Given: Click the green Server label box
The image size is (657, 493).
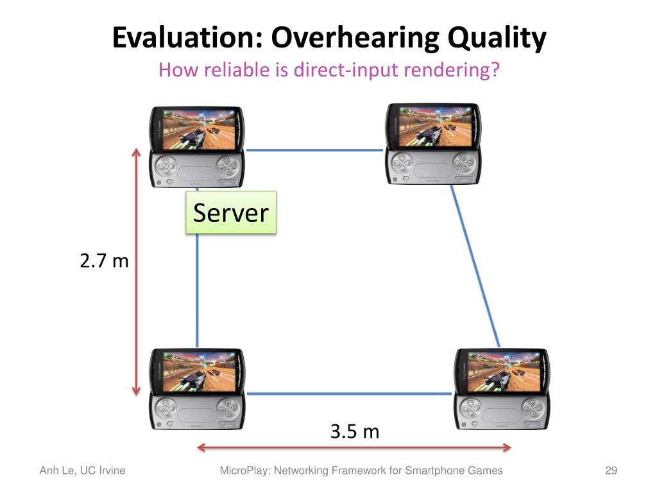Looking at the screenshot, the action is point(231,212).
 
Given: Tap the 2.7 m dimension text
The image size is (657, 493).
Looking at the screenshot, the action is point(104,261).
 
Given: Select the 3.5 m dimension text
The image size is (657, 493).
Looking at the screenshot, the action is point(355,431).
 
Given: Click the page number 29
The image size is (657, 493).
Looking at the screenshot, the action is point(611,471).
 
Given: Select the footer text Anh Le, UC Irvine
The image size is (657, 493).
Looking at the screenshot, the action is point(82,471).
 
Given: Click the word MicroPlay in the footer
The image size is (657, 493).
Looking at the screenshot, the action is point(246,471).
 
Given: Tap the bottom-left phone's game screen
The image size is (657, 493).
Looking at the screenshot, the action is point(196,371).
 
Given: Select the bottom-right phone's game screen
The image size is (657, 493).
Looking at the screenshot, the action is point(502,371).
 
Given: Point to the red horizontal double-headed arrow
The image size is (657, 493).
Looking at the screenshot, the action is point(354,447).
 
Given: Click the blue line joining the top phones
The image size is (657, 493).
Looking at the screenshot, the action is point(314,150).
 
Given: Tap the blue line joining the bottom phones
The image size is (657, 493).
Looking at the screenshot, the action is point(350,394).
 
